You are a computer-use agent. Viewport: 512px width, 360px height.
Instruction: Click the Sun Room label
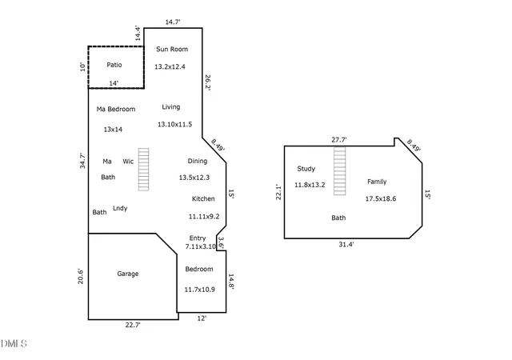point(172,49)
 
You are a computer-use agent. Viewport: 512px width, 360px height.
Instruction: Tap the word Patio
point(114,65)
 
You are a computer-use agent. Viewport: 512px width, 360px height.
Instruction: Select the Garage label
point(128,274)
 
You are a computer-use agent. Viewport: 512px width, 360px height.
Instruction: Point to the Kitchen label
point(203,198)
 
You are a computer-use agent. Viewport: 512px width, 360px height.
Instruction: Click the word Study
point(306,169)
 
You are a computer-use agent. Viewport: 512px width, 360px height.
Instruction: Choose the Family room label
point(377,182)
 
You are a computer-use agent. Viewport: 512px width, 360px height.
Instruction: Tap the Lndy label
point(120,208)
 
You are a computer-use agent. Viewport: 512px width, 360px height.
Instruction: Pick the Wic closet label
point(128,161)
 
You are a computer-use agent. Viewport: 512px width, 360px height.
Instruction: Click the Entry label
point(198,238)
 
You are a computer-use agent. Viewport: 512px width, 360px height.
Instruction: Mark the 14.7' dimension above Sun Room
point(173,22)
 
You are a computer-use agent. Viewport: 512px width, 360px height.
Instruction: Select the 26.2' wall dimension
point(208,82)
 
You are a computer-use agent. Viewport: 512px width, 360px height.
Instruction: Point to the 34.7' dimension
point(82,161)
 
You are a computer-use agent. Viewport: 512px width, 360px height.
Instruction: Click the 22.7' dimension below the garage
point(133,325)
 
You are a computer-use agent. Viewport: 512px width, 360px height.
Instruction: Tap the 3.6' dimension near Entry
point(221,243)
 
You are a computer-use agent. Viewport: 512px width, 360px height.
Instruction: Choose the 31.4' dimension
point(346,244)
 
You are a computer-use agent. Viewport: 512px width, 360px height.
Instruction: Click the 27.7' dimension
point(339,140)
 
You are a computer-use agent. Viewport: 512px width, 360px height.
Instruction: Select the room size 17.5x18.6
point(381,198)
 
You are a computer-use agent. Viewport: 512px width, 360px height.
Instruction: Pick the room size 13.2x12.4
point(170,66)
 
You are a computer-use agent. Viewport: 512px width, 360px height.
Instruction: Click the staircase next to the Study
point(339,171)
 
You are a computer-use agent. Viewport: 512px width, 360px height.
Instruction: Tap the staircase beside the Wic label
point(143,170)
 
